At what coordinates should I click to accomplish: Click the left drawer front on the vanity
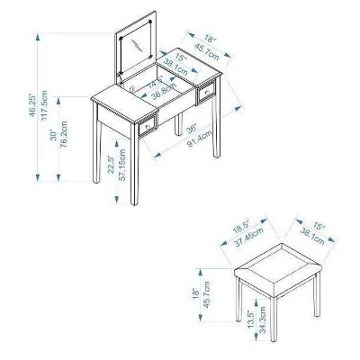point(147,128)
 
